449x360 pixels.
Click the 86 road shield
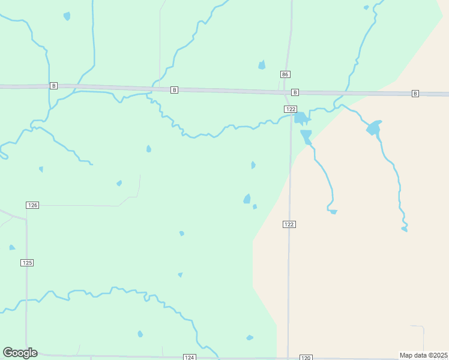pos(285,74)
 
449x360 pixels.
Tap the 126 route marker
pos(32,205)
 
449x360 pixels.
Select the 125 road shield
pos(27,263)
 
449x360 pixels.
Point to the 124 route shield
pos(190,358)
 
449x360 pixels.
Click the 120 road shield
pos(306,358)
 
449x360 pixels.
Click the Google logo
pos(20,353)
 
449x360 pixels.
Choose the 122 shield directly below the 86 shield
pos(291,109)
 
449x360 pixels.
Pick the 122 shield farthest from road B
pos(289,224)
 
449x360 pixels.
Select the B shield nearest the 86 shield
pos(295,92)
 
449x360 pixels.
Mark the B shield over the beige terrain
pos(415,94)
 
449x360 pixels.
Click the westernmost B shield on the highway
pos(53,86)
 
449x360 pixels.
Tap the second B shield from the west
pos(174,90)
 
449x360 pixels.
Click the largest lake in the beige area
pos(374,127)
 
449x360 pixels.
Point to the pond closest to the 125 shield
pos(12,247)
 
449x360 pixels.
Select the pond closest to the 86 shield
pos(262,65)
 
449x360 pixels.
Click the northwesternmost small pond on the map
pos(67,16)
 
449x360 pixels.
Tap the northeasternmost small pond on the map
pos(366,8)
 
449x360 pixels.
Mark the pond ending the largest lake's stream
pos(405,229)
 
